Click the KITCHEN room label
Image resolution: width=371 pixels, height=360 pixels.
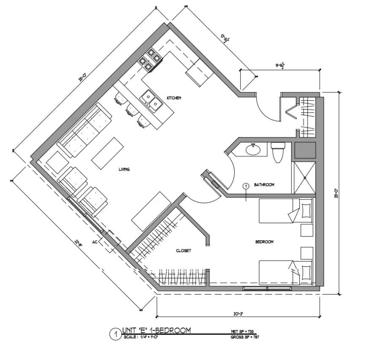[x=174, y=98]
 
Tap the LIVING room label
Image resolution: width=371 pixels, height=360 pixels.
[x=124, y=169]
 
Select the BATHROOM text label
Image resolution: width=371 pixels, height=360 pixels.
[x=264, y=184]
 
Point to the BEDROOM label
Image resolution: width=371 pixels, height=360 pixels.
[x=264, y=242]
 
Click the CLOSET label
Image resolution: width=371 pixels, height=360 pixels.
[x=183, y=251]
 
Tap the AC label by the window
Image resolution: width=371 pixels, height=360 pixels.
[x=95, y=243]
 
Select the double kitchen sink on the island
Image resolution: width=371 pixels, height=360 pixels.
[x=151, y=100]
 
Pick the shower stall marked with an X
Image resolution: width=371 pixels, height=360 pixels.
[x=304, y=178]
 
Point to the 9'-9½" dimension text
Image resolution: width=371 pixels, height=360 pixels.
[x=282, y=65]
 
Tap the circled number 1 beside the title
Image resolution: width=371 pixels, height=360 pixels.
[x=113, y=334]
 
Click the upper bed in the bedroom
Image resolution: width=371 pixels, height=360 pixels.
[x=285, y=211]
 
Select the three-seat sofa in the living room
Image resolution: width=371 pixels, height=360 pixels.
[x=84, y=131]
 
